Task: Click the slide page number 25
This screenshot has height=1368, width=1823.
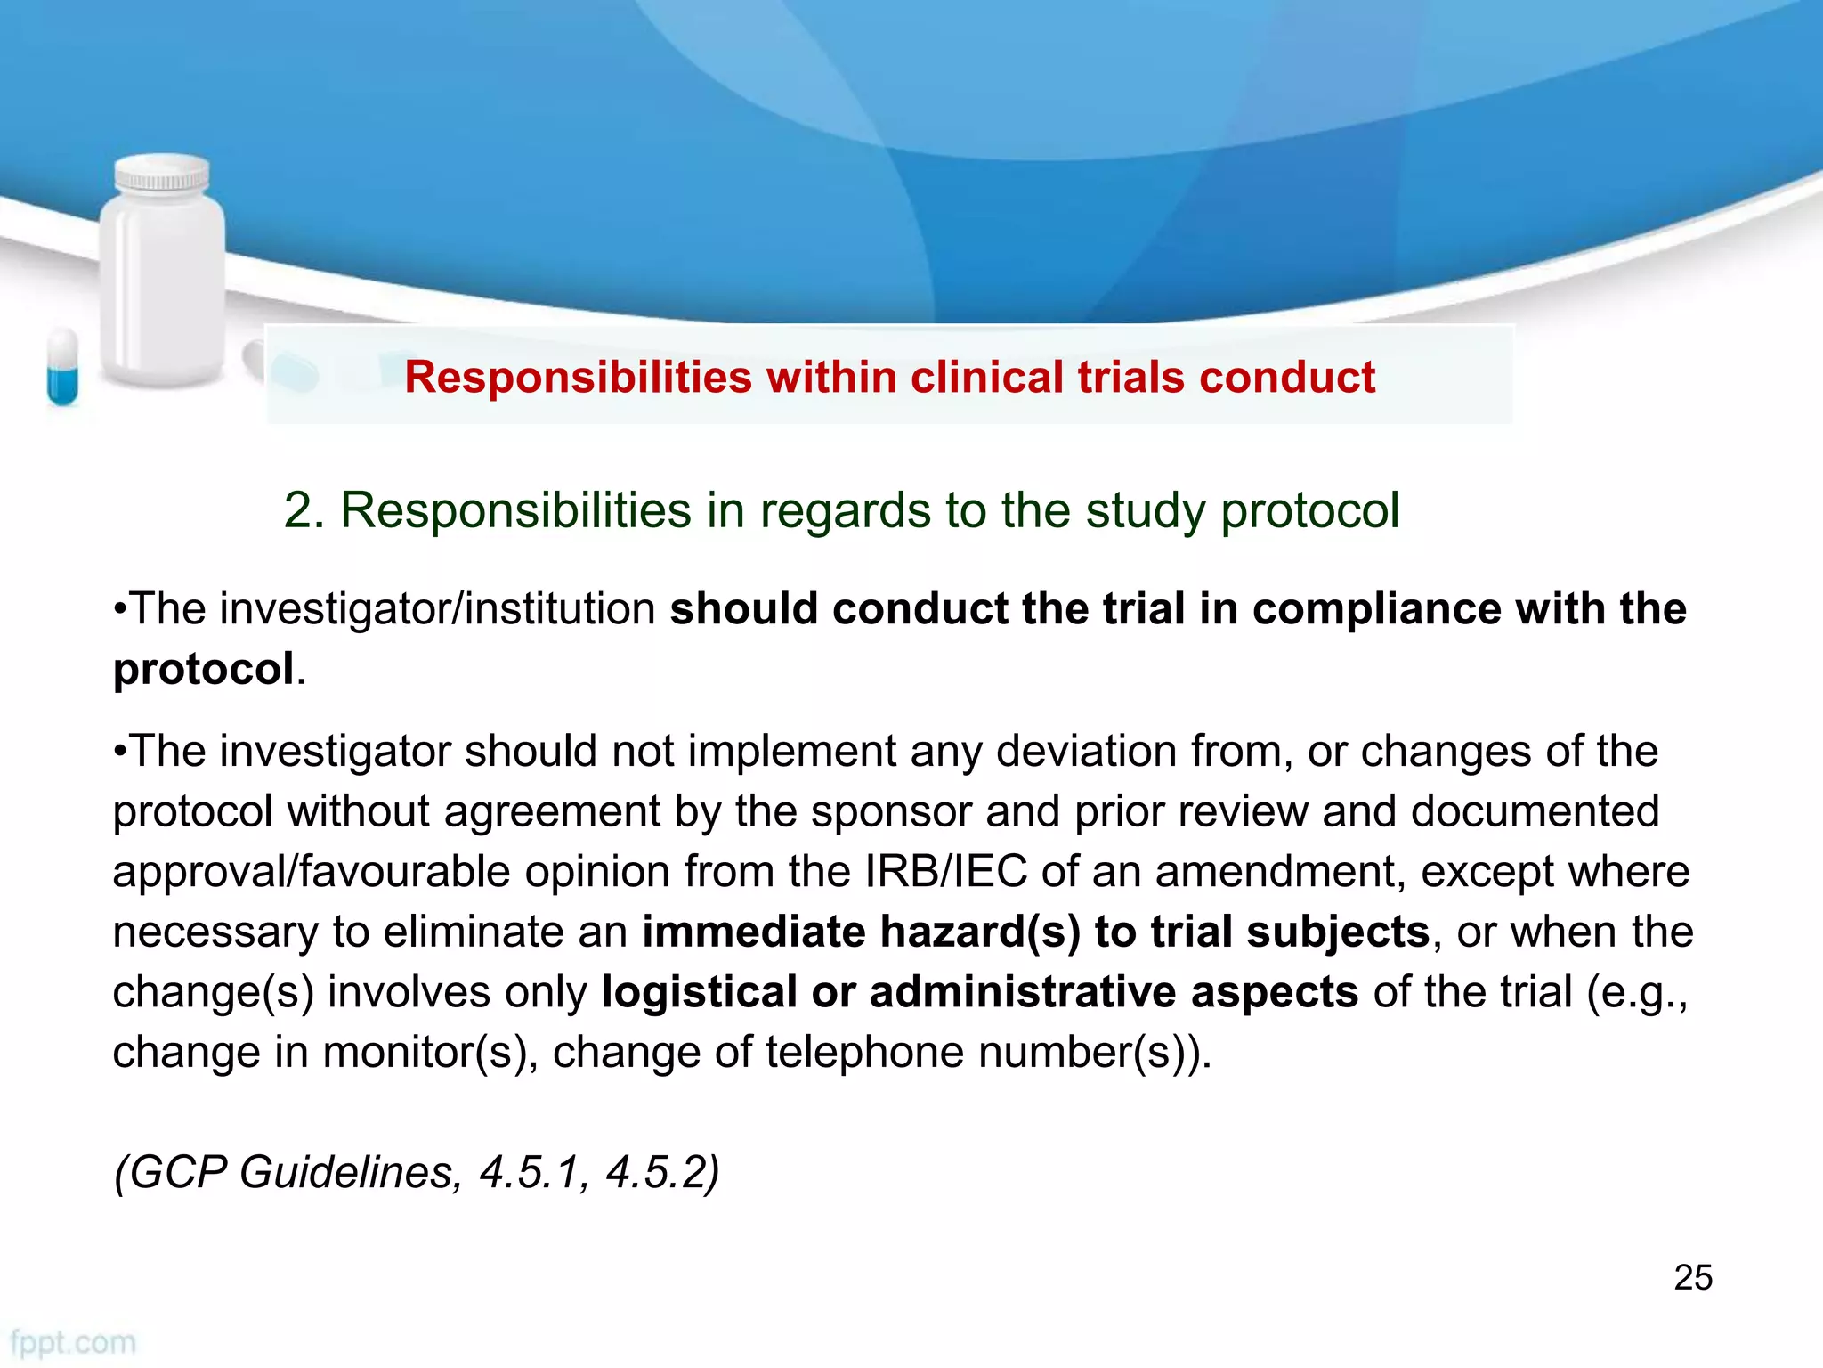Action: click(1693, 1277)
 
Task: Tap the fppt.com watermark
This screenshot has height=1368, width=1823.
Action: click(73, 1342)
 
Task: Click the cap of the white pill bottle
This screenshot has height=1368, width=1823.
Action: click(163, 174)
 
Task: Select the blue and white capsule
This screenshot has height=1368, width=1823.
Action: click(62, 367)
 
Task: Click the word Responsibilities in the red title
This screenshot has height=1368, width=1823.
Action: click(579, 378)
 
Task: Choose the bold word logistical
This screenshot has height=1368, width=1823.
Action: click(699, 992)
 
